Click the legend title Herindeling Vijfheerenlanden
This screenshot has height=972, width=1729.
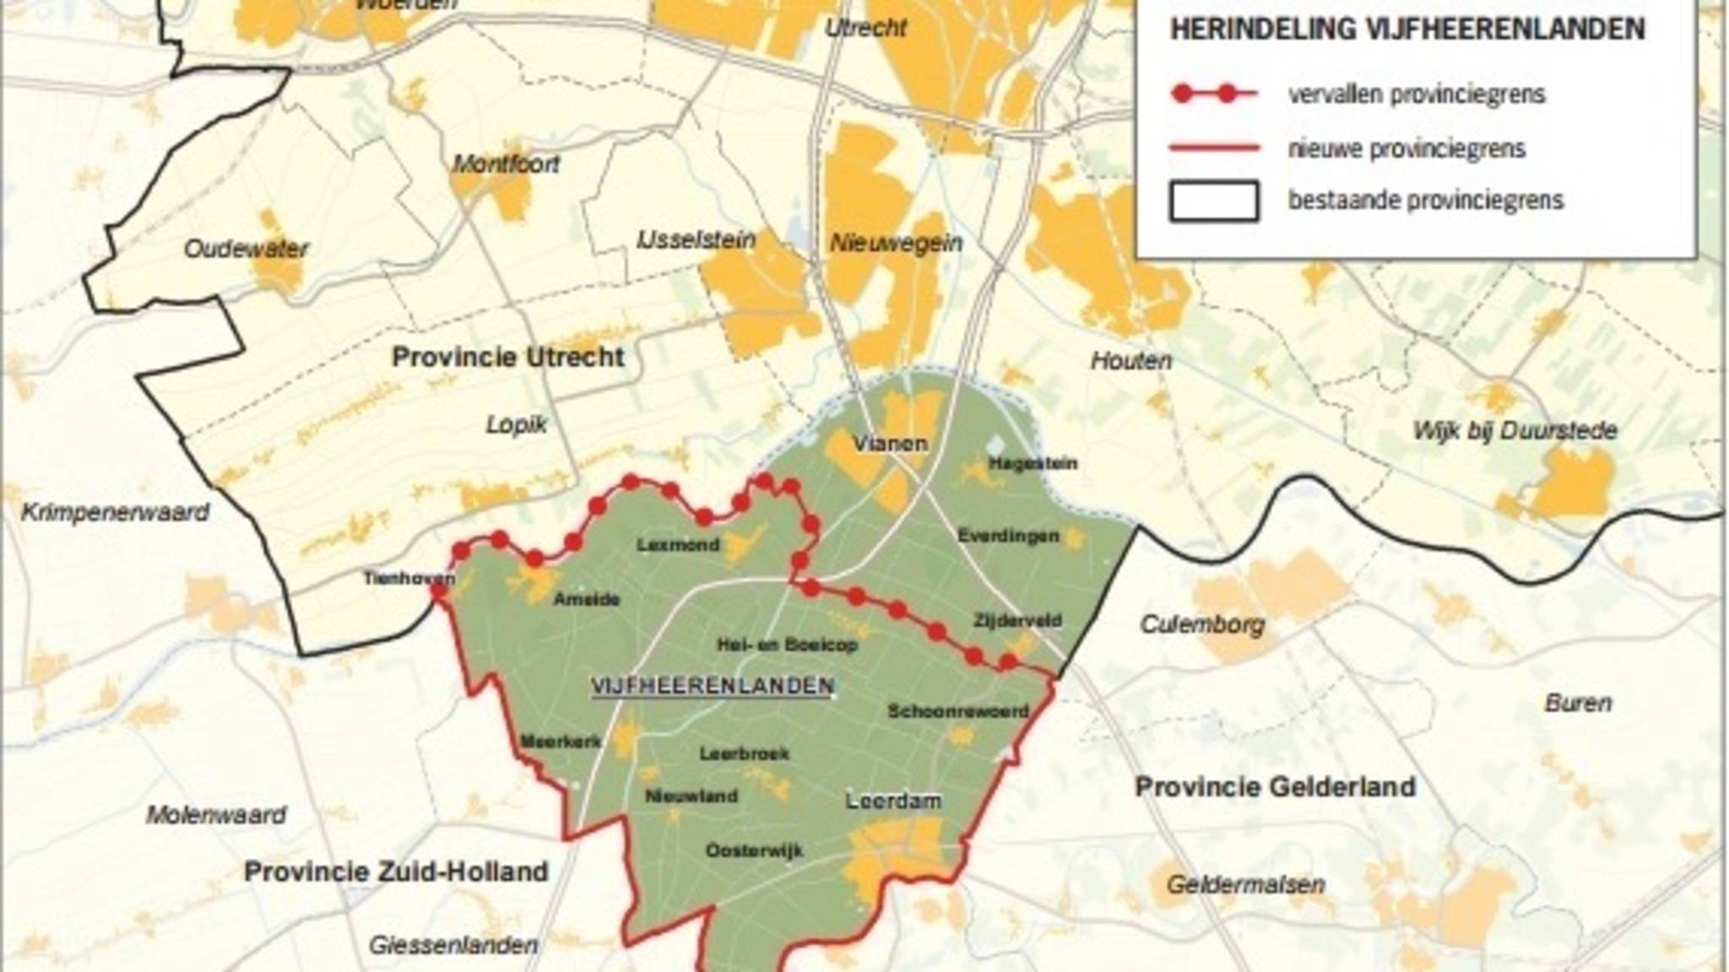pos(1407,30)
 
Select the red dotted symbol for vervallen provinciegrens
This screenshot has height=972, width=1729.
pos(1213,94)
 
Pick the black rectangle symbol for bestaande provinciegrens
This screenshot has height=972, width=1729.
pos(1213,201)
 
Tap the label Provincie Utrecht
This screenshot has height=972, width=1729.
pos(507,357)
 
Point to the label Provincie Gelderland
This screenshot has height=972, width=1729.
pos(1275,787)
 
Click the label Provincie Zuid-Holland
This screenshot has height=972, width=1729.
pos(396,872)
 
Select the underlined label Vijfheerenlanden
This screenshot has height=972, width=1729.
pos(713,686)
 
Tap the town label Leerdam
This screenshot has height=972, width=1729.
pos(893,801)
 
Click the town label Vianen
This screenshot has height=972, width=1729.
pos(890,443)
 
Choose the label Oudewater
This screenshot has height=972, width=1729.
pos(246,249)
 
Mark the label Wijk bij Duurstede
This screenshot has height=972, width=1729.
pos(1515,430)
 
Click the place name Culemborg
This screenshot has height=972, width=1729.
pos(1202,624)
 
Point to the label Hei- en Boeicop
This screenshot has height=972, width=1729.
pos(787,645)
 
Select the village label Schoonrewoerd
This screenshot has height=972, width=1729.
pos(958,711)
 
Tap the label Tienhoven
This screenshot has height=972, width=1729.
pos(409,578)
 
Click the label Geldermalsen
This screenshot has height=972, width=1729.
pos(1245,884)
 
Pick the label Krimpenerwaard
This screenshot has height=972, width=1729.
pos(115,512)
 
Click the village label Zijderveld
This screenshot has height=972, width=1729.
pos(1016,620)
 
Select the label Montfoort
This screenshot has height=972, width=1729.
pos(506,164)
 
